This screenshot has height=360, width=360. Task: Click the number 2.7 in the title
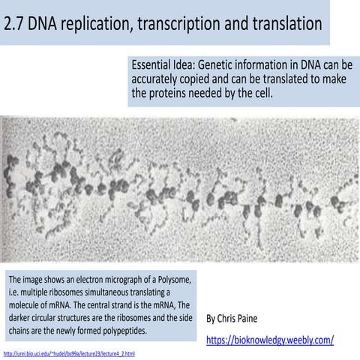[x=16, y=24]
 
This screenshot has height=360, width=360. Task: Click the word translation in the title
[x=286, y=24]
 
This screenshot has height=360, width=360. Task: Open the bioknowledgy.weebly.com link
[x=270, y=340]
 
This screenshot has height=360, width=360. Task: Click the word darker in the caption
[x=22, y=317]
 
